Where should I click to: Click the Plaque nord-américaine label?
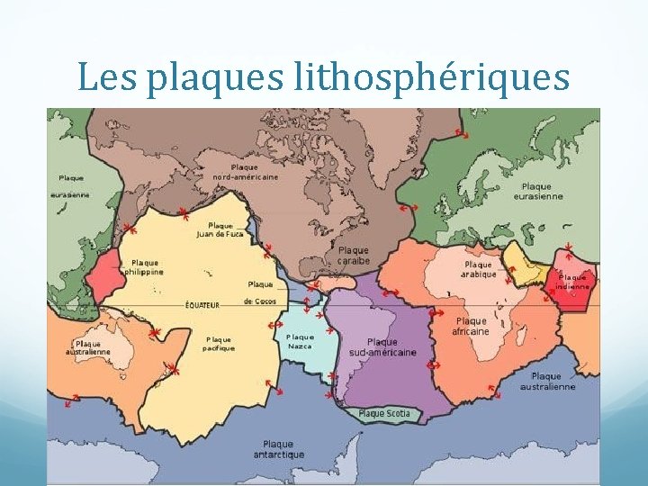[245, 172]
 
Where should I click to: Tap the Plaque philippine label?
[144, 266]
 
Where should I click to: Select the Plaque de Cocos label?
[260, 292]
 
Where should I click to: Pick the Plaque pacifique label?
[219, 343]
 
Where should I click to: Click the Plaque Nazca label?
[300, 341]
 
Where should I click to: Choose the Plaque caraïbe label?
[354, 255]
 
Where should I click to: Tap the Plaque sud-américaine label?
[382, 347]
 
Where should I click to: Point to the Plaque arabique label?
[479, 269]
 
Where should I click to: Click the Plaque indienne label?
[572, 282]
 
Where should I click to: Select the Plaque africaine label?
[471, 326]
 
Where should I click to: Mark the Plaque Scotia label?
[384, 414]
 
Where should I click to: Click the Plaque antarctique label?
[278, 449]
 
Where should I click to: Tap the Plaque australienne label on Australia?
[88, 348]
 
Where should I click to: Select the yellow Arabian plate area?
[522, 261]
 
